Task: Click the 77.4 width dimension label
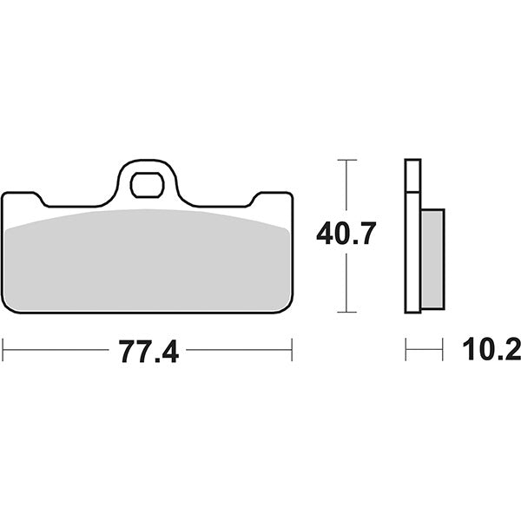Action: pos(149,351)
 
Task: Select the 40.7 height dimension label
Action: pos(346,234)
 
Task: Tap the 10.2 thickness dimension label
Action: pos(491,349)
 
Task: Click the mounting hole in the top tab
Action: pos(148,185)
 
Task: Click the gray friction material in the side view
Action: pos(432,259)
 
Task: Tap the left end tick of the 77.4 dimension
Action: pos(3,350)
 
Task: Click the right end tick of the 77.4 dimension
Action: pos(292,350)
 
